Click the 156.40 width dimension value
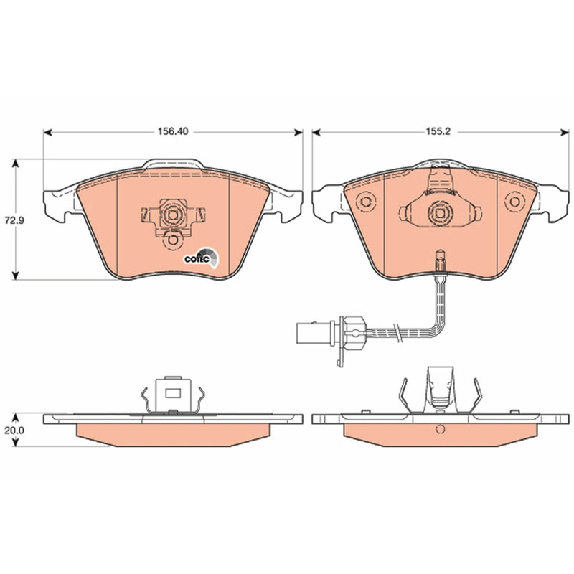[173, 131]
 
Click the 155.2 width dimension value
[438, 131]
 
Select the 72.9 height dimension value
[14, 220]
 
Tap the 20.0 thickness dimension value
[14, 430]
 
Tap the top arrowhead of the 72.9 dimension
[15, 163]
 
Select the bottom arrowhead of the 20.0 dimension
[15, 442]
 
